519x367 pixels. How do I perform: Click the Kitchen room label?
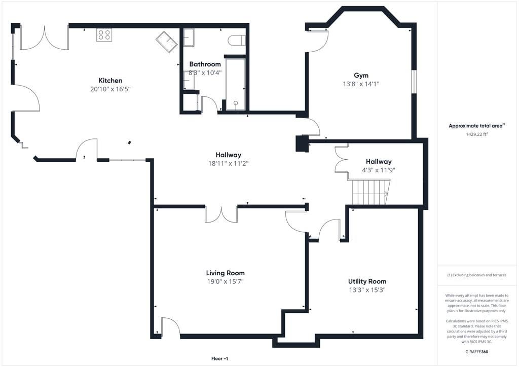point(110,81)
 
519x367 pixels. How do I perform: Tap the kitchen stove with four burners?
point(104,35)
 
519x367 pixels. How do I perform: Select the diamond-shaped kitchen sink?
point(166,42)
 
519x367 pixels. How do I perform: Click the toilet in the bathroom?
point(237,40)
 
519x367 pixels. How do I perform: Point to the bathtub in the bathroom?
point(235,84)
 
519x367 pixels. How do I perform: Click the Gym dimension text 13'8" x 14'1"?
point(361,84)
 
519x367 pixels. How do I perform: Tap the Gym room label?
point(361,76)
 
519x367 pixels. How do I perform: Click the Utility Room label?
point(367,281)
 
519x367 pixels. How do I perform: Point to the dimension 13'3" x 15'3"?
point(367,290)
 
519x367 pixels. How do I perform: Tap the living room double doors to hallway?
point(221,214)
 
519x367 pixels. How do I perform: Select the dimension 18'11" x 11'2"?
point(228,163)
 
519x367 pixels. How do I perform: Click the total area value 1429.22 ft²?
point(476,134)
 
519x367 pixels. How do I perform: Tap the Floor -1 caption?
point(219,358)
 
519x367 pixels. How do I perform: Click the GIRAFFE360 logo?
point(476,352)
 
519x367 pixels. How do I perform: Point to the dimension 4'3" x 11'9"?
point(379,170)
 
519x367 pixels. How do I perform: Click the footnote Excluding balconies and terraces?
point(476,275)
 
